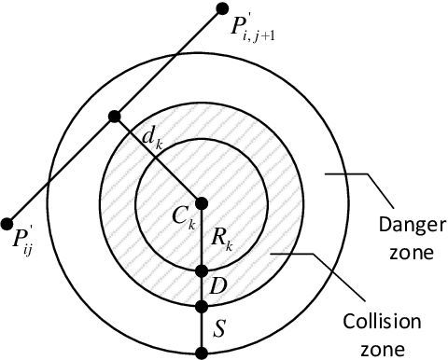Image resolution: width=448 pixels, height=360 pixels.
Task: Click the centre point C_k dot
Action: (x=202, y=202)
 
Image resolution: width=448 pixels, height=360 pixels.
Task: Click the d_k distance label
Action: (x=151, y=142)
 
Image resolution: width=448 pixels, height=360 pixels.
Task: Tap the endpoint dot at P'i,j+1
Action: (x=221, y=9)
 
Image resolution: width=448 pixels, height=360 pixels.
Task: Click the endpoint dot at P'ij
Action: (x=7, y=224)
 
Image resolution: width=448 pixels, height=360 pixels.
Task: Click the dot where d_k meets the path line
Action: (x=113, y=117)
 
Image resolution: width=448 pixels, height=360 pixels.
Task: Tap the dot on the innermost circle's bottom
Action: (x=202, y=270)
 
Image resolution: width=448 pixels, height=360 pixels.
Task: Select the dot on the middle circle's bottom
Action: (x=202, y=305)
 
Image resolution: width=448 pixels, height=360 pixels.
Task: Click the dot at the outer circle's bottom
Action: (x=202, y=352)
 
